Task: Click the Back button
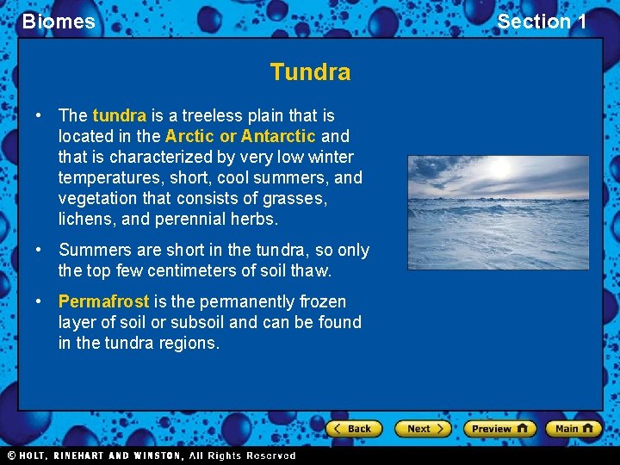coord(352,428)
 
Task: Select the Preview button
coord(499,428)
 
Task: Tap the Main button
coord(574,428)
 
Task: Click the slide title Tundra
coord(310,71)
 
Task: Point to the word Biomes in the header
coord(59,22)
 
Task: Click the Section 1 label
coord(542,22)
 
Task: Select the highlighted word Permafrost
coord(103,301)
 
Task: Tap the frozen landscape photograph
coord(498,213)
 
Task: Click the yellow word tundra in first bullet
coord(119,115)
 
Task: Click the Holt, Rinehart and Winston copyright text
coord(151,456)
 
